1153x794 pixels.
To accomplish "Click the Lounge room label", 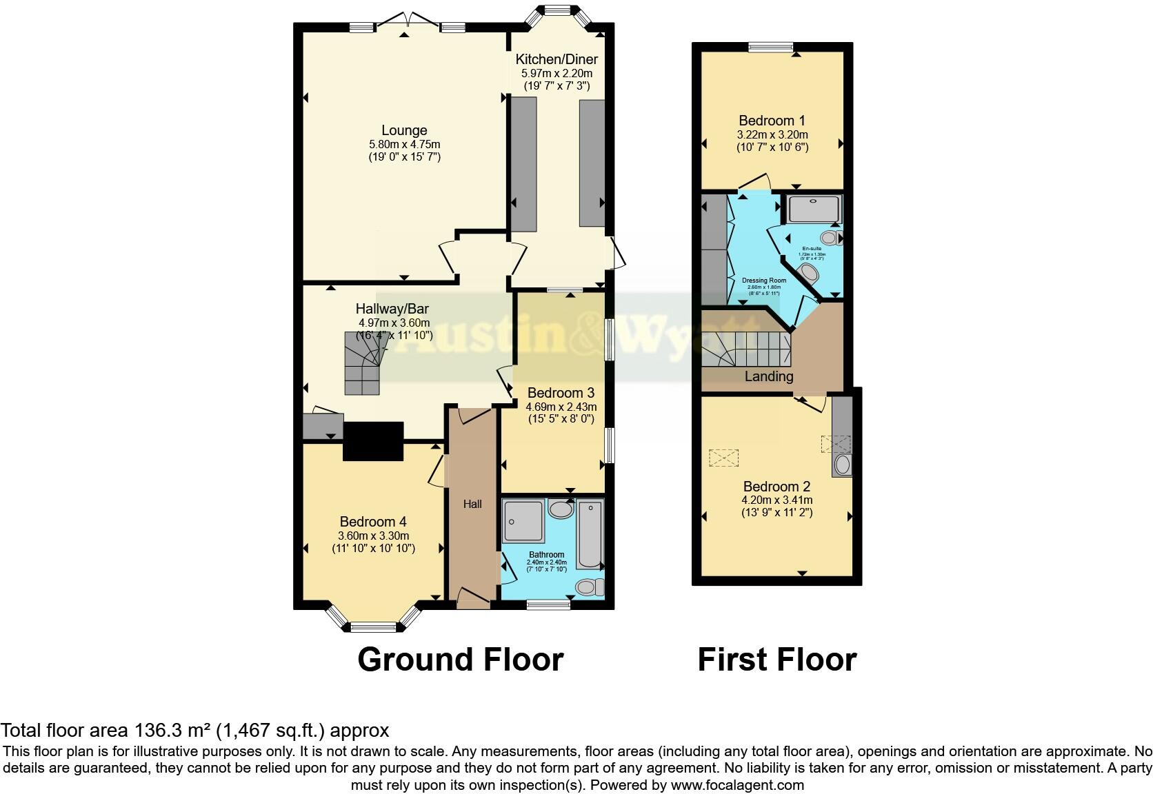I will coord(404,130).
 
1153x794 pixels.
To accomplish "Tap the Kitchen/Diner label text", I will coord(557,59).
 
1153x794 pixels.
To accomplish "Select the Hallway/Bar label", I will coord(392,309).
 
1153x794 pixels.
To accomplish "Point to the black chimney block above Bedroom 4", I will coord(373,441).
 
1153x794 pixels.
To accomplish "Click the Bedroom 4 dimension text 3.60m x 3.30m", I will coord(373,536).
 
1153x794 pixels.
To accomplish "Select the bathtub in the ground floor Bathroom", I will coord(590,534).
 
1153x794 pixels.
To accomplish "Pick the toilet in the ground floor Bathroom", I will coord(588,587).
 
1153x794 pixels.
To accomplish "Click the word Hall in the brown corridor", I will coord(472,504).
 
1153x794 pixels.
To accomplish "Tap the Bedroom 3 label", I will coord(561,393).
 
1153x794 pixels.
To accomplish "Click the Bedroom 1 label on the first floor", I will coord(772,121).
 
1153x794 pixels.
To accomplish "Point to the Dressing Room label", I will coord(764,281).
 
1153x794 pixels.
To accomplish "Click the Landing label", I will coord(768,376).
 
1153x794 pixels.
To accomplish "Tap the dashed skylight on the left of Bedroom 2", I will coord(723,458).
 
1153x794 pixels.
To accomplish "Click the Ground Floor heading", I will coord(460,660).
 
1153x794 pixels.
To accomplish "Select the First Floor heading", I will coord(776,660).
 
